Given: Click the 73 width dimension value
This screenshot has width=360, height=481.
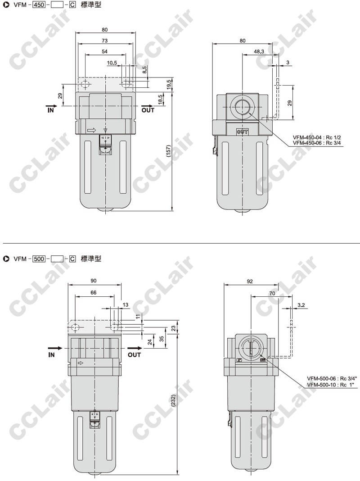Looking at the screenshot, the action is pos(105,41).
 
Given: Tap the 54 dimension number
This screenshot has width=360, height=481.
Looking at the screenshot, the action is pos(105,51).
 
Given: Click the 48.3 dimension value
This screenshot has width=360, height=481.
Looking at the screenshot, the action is pos(259,51).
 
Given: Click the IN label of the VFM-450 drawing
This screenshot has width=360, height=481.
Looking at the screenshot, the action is pos(50,110).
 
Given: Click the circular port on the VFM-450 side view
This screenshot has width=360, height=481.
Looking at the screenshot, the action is pos(243,106).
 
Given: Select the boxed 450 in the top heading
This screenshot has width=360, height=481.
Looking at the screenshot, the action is pos(40,5).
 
